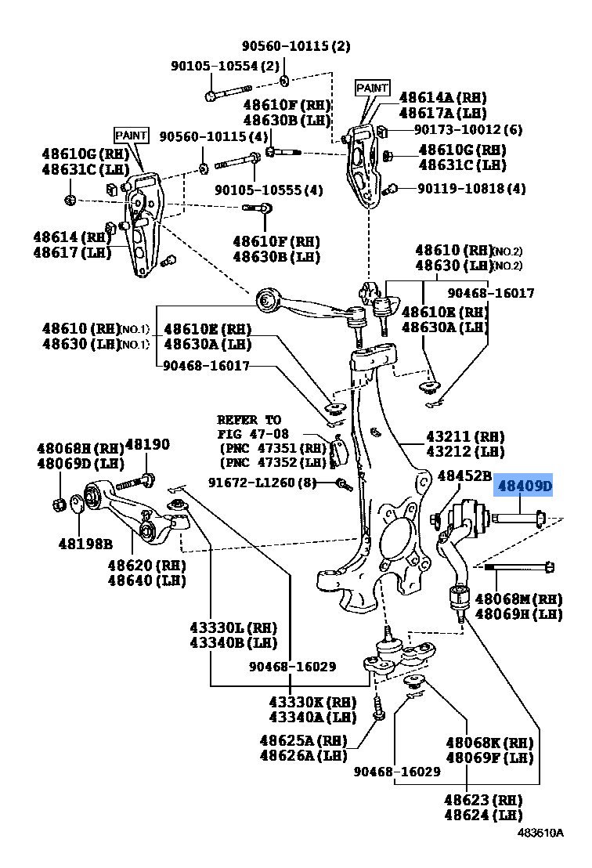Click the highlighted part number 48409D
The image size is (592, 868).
(523, 486)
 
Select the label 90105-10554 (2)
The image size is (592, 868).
(226, 67)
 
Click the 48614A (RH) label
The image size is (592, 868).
(442, 98)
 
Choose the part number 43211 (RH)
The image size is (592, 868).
(465, 437)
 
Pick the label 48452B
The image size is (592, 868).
(464, 476)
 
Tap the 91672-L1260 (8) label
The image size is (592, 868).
(262, 483)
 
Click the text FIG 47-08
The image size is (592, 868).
(252, 433)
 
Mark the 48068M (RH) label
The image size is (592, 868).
(518, 599)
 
